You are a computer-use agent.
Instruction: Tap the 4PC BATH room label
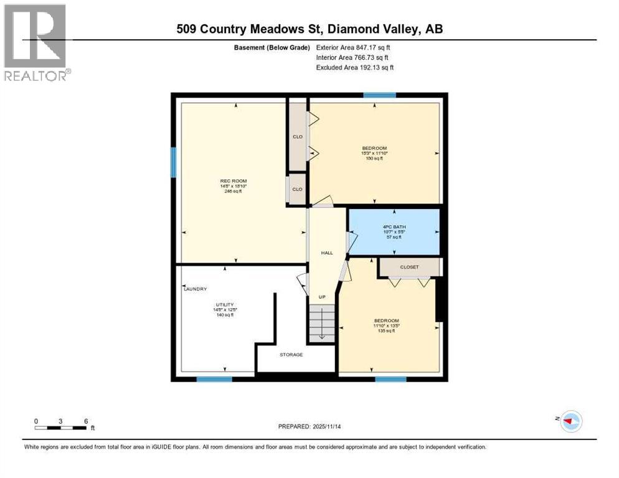[394, 227]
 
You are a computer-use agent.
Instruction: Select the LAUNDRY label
[196, 289]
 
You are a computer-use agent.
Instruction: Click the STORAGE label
[291, 355]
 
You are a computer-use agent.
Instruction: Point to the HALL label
[327, 253]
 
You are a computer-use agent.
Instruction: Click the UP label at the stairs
[322, 297]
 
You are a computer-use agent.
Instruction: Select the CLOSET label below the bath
[409, 267]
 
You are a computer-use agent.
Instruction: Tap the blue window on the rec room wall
[174, 162]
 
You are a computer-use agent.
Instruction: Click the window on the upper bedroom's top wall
[379, 95]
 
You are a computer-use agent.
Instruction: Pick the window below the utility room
[214, 378]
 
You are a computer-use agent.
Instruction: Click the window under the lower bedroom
[390, 378]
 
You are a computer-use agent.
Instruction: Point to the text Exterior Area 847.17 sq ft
[353, 47]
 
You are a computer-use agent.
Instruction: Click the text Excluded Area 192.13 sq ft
[355, 67]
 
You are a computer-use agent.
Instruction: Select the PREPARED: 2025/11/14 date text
[309, 426]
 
